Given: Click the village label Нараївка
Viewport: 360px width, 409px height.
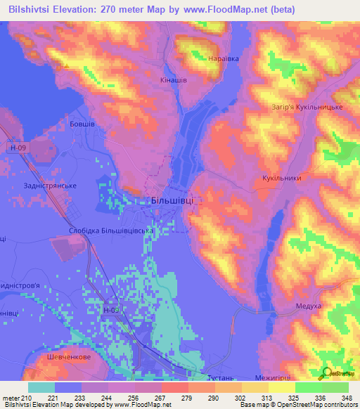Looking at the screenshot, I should (224, 59).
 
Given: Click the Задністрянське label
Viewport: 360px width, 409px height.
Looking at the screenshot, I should (49, 185).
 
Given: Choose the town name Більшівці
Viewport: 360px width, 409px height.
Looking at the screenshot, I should (172, 200).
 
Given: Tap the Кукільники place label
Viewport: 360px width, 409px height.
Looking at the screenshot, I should (281, 178).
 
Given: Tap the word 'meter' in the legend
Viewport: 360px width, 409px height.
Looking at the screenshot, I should (9, 398).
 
